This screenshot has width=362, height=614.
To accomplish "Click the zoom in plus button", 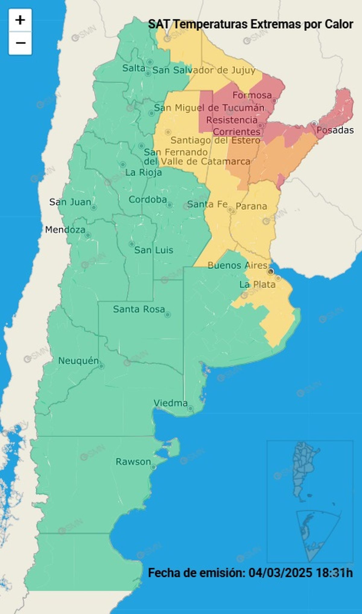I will [20, 20].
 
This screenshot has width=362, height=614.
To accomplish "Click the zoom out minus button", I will [20, 43].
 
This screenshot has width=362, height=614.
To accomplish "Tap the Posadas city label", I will [335, 130].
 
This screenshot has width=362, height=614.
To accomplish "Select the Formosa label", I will [252, 95].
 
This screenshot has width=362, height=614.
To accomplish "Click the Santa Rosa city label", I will [139, 309].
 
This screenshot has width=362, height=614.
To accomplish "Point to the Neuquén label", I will [78, 360].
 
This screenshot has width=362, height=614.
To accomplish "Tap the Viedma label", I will [170, 403].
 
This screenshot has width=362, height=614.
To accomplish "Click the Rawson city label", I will [133, 462].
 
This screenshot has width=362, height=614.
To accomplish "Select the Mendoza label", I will [65, 230].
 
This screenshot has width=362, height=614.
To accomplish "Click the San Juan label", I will [70, 202].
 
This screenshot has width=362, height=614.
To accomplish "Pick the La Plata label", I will [257, 284].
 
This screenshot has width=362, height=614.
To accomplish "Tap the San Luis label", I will [154, 250].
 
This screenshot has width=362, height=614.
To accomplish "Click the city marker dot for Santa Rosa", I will [168, 315].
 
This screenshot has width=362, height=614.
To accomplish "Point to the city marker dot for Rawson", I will [153, 467].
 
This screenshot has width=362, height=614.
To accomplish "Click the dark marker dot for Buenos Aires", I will [271, 272].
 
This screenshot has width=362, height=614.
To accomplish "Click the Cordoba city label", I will [148, 199].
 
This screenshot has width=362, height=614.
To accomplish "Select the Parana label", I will [251, 206].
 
